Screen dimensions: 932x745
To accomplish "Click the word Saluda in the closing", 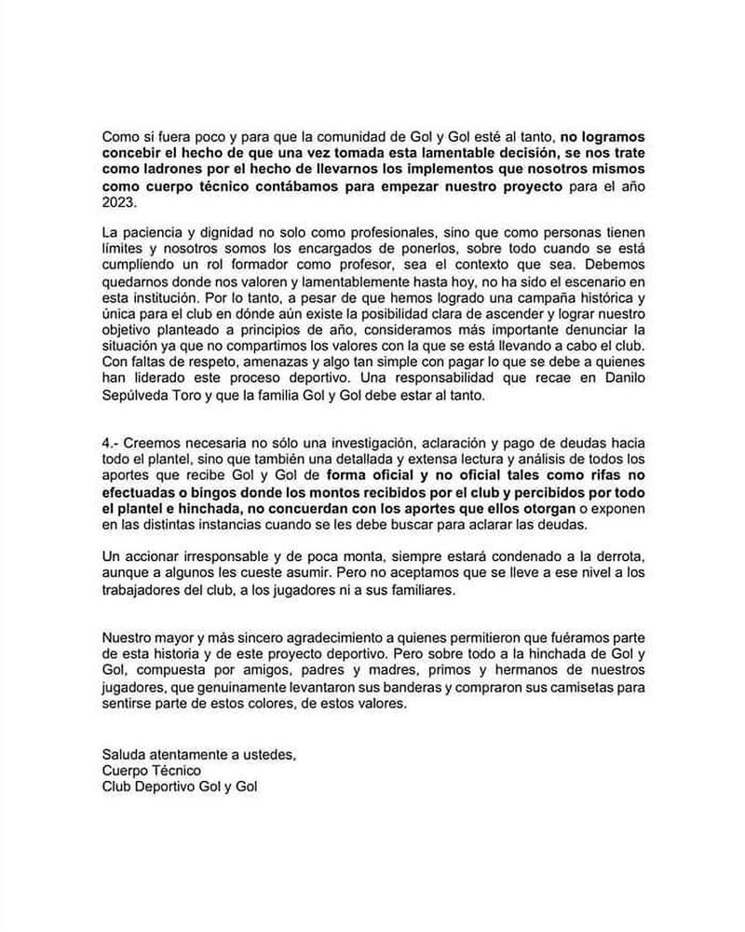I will [x=126, y=753].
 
